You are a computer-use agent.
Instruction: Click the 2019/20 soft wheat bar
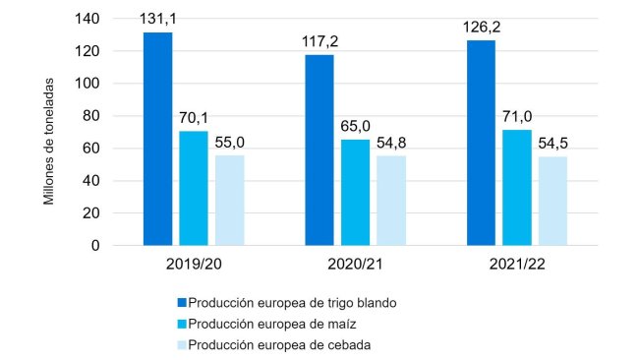pos(157,139)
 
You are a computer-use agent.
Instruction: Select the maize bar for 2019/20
pos(194,188)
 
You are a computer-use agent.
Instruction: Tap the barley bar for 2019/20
pos(229,200)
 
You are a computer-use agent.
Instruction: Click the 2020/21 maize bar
pos(355,192)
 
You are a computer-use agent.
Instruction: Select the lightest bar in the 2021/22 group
pos(552,201)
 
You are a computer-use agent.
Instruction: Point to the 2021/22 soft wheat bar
pos(482,143)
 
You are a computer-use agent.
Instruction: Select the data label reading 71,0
pos(517,117)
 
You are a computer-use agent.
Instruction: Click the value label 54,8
pos(391,143)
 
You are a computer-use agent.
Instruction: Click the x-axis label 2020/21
pos(355,266)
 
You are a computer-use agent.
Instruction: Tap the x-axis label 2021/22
pos(517,266)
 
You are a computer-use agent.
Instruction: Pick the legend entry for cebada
pos(278,344)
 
